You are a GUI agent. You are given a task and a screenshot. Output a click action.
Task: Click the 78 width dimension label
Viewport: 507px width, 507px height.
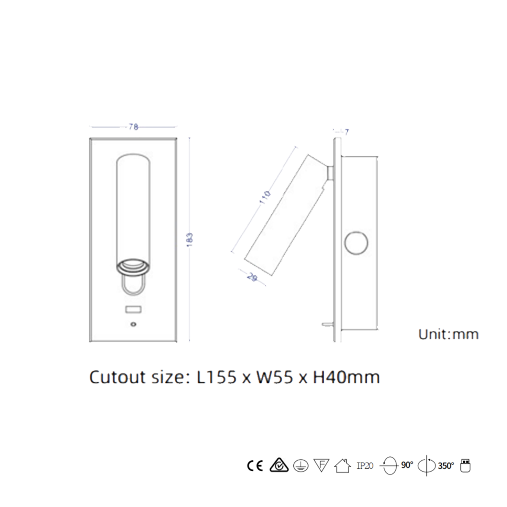(x=133, y=127)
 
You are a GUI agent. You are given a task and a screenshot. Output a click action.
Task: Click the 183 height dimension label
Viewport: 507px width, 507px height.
(x=189, y=239)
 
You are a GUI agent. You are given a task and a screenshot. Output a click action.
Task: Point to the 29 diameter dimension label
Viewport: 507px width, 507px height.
(x=252, y=277)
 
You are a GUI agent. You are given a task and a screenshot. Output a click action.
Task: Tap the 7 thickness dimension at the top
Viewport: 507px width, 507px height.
(x=346, y=132)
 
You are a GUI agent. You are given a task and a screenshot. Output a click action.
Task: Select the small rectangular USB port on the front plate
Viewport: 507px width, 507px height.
(x=133, y=310)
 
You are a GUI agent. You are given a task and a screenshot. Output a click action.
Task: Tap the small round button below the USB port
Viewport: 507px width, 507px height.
(x=133, y=324)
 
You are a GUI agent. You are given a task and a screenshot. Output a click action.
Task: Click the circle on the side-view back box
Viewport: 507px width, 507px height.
(x=356, y=243)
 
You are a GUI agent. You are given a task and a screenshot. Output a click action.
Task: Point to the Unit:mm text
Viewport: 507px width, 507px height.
(x=448, y=335)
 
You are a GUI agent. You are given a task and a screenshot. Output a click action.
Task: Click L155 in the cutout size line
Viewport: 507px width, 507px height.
(x=216, y=377)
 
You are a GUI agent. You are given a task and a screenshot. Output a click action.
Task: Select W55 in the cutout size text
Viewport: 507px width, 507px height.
(x=275, y=377)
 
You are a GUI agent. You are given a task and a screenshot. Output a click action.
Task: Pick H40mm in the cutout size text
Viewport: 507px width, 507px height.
(x=346, y=377)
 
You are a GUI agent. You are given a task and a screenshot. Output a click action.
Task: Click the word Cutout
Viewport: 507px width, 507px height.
(x=117, y=377)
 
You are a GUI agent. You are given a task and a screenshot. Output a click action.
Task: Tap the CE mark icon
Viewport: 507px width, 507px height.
(x=255, y=466)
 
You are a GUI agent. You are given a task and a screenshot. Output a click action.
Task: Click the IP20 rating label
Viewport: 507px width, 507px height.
(x=365, y=466)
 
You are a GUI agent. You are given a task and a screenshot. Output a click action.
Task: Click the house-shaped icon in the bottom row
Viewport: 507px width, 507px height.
(x=343, y=466)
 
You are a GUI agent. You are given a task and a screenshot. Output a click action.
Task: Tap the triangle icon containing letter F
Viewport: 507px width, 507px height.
(x=321, y=465)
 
